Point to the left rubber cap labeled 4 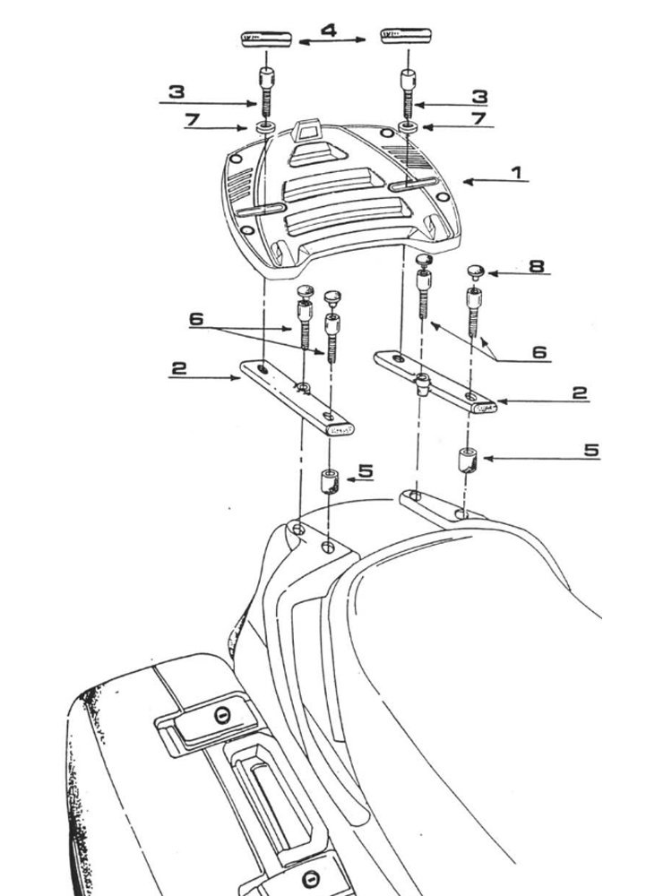(x=266, y=39)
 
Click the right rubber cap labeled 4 (x=407, y=39)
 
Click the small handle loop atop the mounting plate (x=311, y=130)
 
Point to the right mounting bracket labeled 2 (x=436, y=381)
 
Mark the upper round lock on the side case (x=220, y=715)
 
